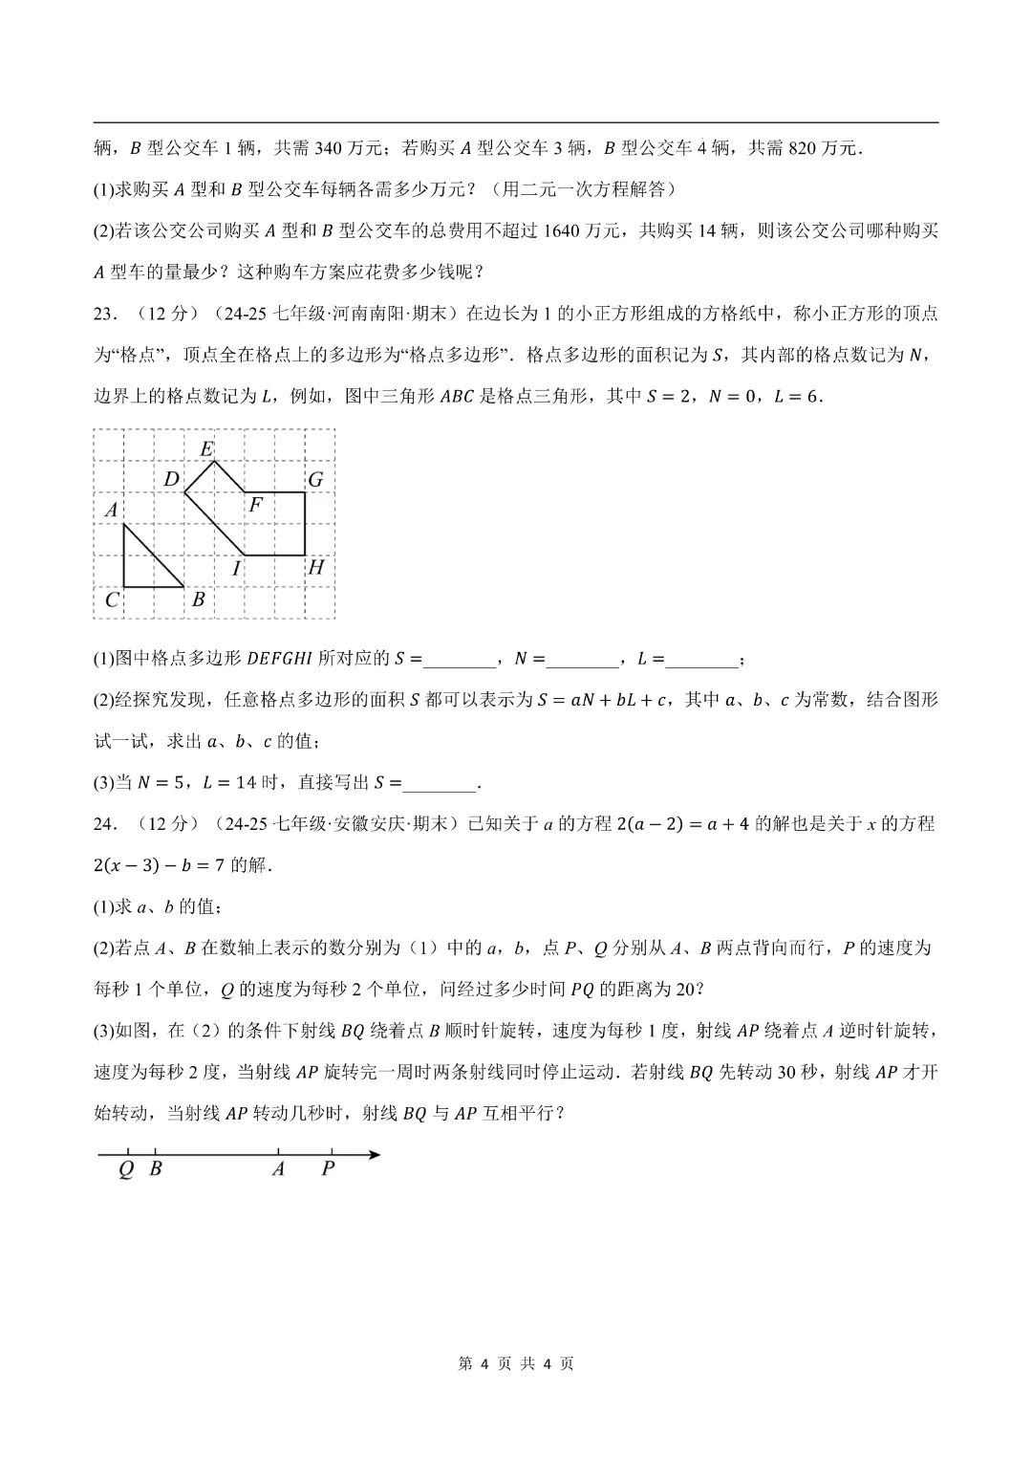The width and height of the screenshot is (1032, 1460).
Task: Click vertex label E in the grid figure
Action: tap(206, 448)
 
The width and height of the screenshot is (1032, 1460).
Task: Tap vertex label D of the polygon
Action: tap(171, 479)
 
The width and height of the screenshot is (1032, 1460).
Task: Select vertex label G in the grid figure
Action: tap(315, 479)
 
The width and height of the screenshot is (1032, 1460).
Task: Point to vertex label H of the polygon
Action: tap(316, 567)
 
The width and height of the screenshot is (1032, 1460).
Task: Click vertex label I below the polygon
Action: tap(236, 569)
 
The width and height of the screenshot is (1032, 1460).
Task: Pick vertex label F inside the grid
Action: tap(255, 505)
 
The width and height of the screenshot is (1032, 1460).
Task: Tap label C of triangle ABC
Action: tap(112, 599)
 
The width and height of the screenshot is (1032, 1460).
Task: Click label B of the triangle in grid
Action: tap(199, 599)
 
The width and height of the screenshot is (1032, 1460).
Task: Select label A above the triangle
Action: tap(112, 510)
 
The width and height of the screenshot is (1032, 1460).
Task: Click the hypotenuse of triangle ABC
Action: tap(155, 556)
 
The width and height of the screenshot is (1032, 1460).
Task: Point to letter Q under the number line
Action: tap(126, 1168)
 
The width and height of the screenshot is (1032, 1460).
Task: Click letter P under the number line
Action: tap(329, 1168)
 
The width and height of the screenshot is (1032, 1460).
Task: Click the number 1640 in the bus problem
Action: tap(562, 230)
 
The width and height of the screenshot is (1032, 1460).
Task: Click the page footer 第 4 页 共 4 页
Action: tap(516, 1363)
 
